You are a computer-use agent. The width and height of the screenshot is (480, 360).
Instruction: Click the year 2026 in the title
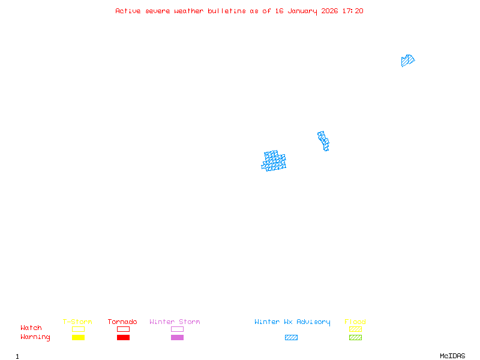click(329, 11)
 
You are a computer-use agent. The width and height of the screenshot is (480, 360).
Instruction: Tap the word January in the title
click(302, 11)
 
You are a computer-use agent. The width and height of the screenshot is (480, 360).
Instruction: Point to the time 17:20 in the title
click(353, 11)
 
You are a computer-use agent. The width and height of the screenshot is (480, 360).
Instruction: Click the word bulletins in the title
click(227, 11)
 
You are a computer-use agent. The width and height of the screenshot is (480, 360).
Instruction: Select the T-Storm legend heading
click(77, 322)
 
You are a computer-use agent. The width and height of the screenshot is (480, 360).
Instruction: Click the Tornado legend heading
click(122, 322)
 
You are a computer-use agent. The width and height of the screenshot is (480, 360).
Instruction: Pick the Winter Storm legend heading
click(175, 322)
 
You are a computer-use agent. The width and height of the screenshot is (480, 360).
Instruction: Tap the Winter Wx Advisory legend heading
click(292, 322)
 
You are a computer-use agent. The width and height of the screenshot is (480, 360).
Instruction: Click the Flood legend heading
click(355, 322)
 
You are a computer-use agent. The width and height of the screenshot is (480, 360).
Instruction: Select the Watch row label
click(31, 328)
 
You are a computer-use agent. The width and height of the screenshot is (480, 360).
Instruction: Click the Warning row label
click(35, 337)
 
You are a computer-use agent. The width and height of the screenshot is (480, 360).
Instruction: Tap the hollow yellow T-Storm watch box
click(79, 329)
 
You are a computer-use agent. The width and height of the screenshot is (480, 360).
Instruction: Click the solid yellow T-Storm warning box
click(79, 337)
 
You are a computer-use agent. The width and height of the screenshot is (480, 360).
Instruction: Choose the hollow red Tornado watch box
click(124, 329)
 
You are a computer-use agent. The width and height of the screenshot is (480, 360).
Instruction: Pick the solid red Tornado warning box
click(124, 337)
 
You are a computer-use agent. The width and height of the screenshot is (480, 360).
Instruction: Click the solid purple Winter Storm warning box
click(177, 337)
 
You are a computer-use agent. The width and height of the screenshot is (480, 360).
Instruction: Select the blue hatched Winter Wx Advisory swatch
click(291, 337)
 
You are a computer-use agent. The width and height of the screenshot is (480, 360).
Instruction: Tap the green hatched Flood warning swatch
click(355, 337)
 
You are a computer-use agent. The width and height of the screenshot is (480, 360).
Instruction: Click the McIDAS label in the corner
click(452, 356)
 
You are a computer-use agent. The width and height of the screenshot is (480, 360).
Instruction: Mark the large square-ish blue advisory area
click(274, 161)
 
